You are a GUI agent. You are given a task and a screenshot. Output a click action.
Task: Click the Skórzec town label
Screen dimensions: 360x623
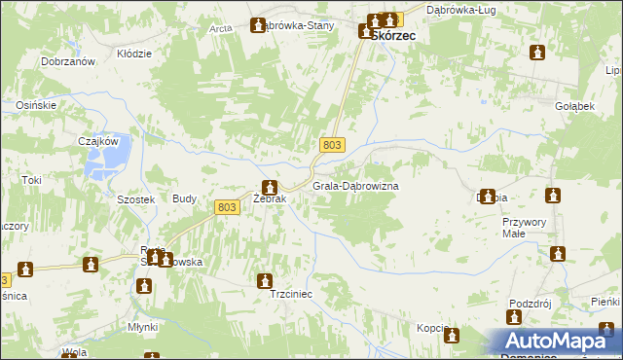click(393, 34)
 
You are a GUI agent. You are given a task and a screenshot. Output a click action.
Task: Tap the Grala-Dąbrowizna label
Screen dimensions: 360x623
click(355, 185)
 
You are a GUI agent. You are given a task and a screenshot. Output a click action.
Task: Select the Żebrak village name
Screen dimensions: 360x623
click(269, 199)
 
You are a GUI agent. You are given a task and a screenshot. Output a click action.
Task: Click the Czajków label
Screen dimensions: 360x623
click(97, 140)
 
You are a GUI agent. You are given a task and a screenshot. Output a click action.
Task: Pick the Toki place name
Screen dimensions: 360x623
click(33, 180)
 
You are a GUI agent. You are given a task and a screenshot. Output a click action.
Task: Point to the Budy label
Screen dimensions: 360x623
click(184, 198)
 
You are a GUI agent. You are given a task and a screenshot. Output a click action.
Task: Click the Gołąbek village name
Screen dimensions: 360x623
click(574, 106)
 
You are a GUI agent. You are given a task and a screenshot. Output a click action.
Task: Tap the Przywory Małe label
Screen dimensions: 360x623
click(526, 228)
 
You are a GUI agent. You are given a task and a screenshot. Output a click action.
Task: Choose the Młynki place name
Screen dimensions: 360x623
click(141, 327)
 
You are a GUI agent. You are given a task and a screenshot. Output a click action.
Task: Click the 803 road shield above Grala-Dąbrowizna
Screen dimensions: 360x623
click(332, 145)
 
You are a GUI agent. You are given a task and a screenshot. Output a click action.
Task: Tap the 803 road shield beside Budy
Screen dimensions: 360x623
click(227, 206)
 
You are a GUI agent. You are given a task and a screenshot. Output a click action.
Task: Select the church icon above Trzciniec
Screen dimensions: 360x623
click(264, 281)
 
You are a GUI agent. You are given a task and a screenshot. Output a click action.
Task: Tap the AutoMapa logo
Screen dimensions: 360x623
click(559, 342)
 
